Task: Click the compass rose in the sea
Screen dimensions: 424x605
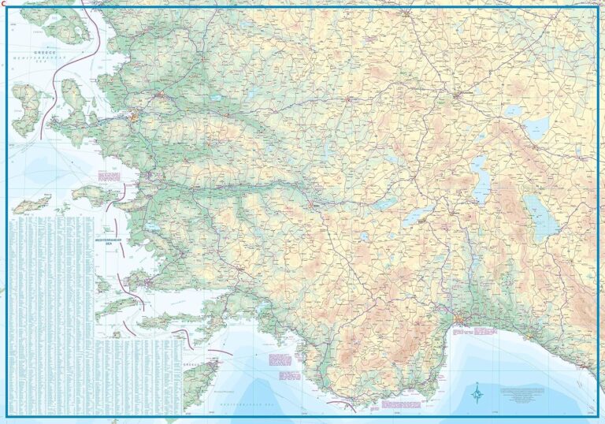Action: click(x=477, y=391)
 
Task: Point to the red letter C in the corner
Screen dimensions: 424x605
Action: click(x=4, y=3)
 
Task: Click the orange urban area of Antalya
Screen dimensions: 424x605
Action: click(x=463, y=320)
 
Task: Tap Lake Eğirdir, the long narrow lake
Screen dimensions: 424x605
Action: click(x=480, y=178)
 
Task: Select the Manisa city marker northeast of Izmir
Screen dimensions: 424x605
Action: click(x=161, y=95)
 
